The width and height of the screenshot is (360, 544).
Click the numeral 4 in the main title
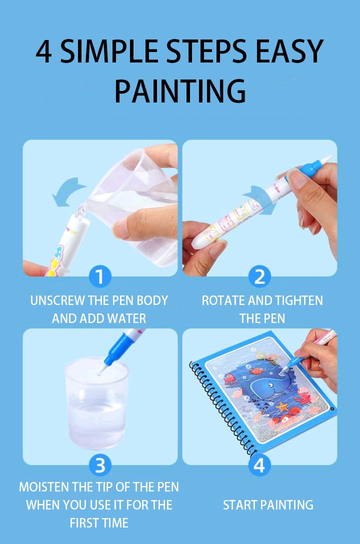[x=44, y=52]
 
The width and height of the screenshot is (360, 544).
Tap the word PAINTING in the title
[x=180, y=91]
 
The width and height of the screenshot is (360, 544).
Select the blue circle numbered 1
[x=99, y=276]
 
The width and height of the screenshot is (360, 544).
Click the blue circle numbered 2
[x=259, y=276]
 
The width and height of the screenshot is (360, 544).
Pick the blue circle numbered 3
[x=99, y=466]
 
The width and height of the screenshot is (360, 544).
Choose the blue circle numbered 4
[x=259, y=466]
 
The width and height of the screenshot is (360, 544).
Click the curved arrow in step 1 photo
[x=69, y=190]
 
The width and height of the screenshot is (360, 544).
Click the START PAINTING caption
[x=268, y=505]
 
